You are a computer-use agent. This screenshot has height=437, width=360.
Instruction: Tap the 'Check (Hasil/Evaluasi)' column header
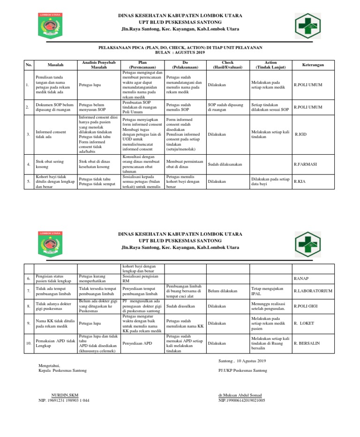[227, 65]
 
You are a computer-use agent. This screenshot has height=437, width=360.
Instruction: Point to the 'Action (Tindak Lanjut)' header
[270, 65]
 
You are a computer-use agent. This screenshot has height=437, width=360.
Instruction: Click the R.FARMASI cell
[306, 164]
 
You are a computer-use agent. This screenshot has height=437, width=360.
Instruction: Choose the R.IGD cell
[301, 134]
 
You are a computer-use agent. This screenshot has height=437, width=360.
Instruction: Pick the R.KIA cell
[300, 181]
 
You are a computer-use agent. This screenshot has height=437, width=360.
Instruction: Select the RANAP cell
[300, 279]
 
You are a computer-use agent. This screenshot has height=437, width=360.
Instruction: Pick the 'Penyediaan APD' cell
[138, 343]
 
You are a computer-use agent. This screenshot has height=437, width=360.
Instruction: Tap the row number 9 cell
[29, 324]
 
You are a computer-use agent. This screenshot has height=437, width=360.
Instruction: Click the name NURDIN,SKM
[65, 395]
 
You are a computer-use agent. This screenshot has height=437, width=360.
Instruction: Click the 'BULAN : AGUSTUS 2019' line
[180, 52]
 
